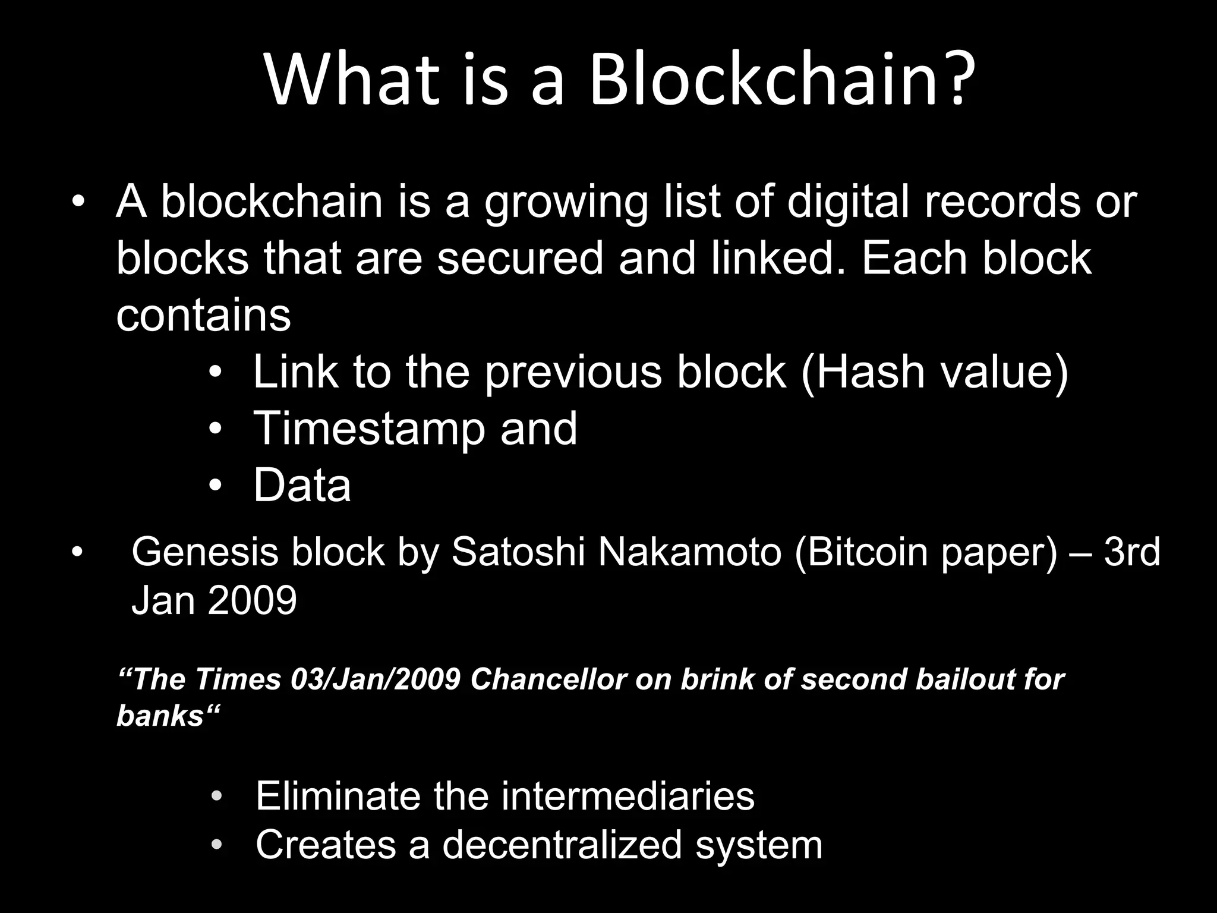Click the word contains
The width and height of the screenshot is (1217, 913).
tap(203, 315)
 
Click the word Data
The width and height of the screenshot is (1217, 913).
tap(302, 485)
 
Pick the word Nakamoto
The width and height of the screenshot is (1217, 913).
tap(689, 552)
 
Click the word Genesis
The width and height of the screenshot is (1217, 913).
tap(204, 552)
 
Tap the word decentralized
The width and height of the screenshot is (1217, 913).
tap(562, 844)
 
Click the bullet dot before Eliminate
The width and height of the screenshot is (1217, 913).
tap(217, 796)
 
